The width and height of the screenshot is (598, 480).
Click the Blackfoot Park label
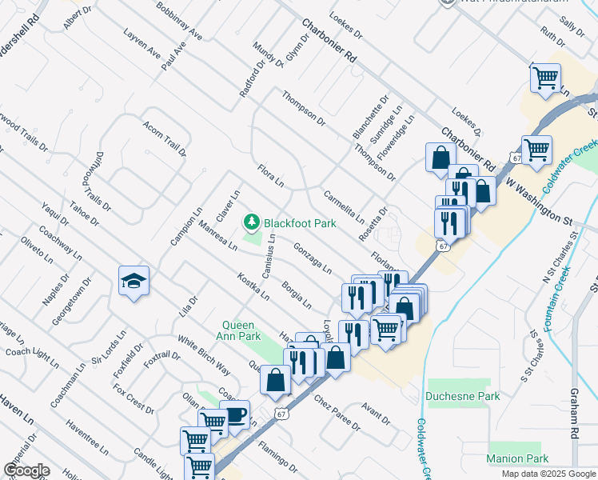pos(300,223)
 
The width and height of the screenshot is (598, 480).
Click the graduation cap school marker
pos(134,281)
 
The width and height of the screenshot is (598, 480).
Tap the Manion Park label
pos(518,458)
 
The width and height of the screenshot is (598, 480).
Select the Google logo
pos(26,470)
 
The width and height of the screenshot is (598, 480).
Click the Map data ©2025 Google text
pos(548,474)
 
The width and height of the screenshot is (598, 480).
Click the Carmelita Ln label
pos(344,206)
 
